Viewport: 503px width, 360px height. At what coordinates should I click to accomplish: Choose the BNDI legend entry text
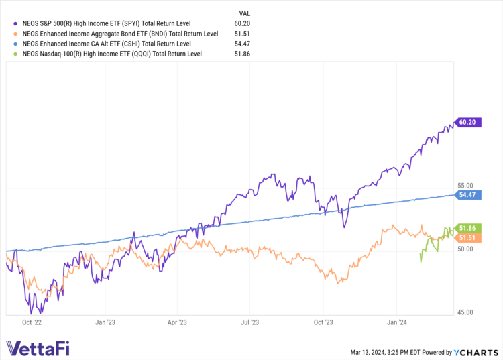pyautogui.click(x=120, y=34)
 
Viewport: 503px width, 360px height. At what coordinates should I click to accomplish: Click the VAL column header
pyautogui.click(x=245, y=13)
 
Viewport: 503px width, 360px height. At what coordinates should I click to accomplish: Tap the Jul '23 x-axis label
pyautogui.click(x=249, y=322)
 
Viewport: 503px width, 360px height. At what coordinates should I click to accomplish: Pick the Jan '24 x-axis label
pyautogui.click(x=396, y=322)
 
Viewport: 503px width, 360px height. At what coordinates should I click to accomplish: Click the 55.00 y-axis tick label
pyautogui.click(x=465, y=185)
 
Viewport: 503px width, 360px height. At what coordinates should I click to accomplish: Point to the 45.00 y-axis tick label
pyautogui.click(x=465, y=312)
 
